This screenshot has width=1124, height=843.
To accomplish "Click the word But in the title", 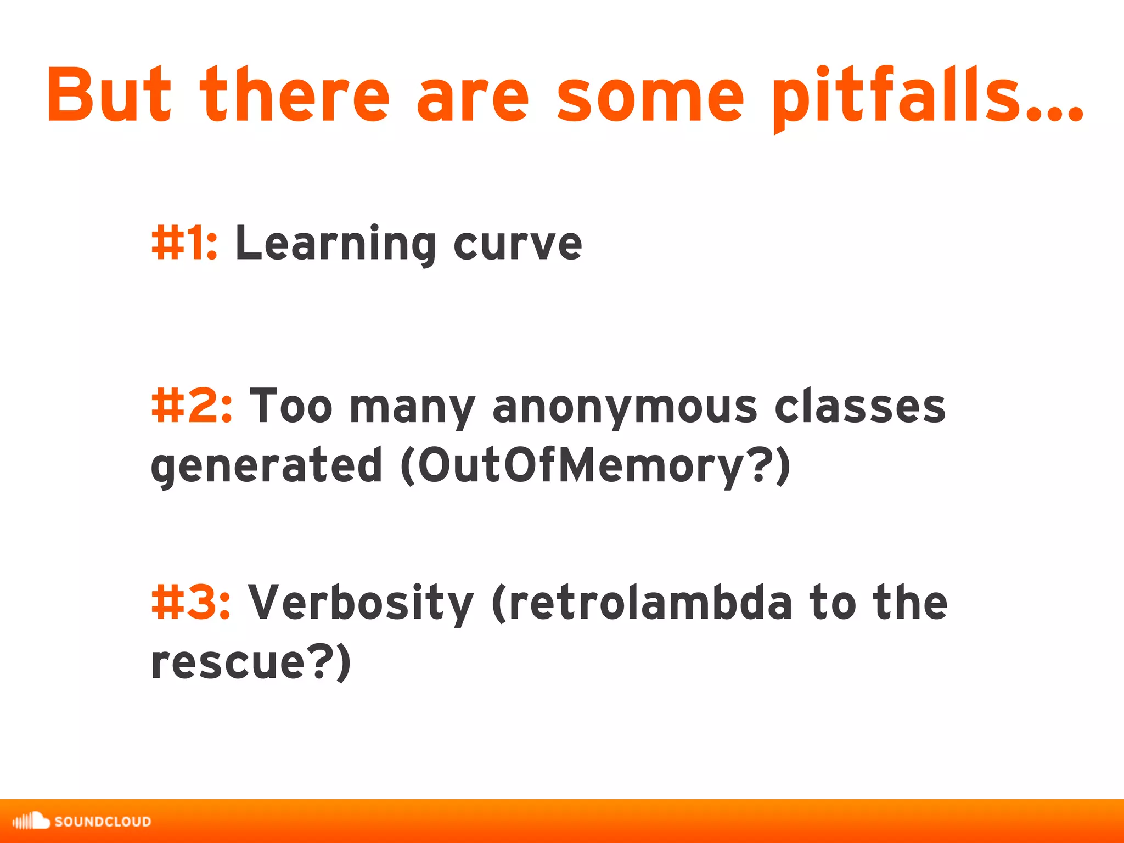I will click(x=109, y=94).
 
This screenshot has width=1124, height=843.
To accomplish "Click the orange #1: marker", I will click(x=184, y=243).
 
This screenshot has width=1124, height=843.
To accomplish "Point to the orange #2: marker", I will click(x=192, y=406).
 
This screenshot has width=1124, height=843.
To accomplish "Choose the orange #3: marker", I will click(x=190, y=602).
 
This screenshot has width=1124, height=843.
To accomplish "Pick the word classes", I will click(x=860, y=406).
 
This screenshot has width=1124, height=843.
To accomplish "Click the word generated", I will click(x=266, y=465).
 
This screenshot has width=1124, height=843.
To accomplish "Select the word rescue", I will click(x=227, y=661).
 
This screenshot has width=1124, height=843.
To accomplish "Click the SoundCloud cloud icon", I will click(x=31, y=820).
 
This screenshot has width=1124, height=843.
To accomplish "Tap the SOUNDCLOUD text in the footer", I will click(x=103, y=822).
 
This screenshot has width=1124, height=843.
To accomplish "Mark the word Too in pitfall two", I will click(x=291, y=406).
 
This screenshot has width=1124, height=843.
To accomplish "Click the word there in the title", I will click(x=295, y=94).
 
